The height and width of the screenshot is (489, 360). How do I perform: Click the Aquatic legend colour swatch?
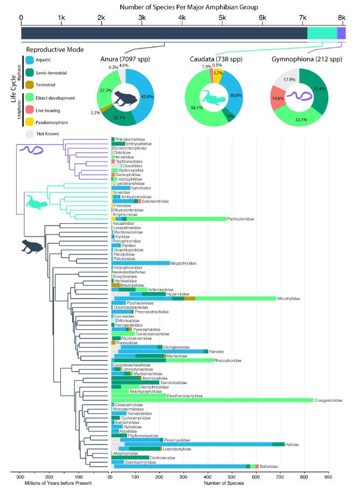[31, 61]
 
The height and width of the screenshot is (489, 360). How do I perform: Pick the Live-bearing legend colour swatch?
[31, 110]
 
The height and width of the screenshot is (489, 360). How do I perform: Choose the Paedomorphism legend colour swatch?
[31, 121]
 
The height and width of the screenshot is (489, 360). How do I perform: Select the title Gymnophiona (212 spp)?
[306, 58]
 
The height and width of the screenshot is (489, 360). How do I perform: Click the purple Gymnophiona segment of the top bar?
[341, 33]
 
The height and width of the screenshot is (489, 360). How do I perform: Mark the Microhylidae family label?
[290, 299]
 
